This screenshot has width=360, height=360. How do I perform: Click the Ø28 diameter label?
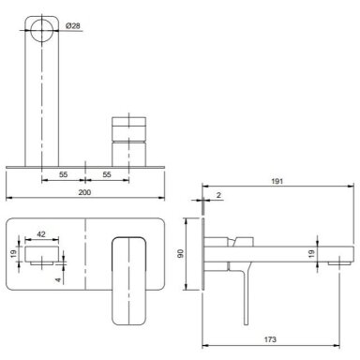click(73, 26)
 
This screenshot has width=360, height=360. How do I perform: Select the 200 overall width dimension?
click(84, 192)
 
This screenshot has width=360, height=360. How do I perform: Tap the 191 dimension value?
click(277, 181)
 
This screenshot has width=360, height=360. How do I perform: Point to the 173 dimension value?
click(270, 339)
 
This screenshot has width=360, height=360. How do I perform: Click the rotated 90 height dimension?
click(181, 254)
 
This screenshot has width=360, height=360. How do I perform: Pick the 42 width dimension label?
click(41, 234)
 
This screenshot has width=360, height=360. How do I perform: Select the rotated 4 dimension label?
click(58, 280)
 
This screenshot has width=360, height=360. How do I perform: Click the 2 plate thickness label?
click(218, 195)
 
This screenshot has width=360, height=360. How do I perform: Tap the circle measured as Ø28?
click(41, 30)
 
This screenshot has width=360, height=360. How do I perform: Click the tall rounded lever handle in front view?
click(128, 281)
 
